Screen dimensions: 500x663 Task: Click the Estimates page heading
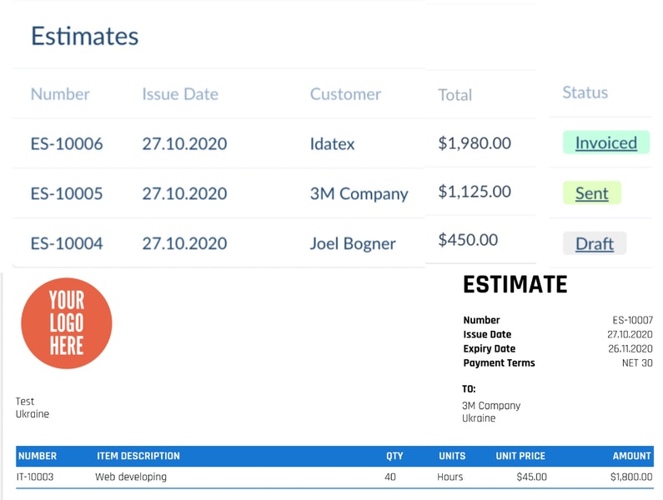[x=84, y=37]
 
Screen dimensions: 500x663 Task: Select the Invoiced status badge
[x=605, y=142]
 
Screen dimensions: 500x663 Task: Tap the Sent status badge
[x=591, y=193]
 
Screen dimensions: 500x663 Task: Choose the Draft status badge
[x=594, y=243]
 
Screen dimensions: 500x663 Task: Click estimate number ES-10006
[x=67, y=144]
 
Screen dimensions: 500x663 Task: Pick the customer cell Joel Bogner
[x=353, y=244]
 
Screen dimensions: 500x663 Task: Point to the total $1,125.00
[x=475, y=192]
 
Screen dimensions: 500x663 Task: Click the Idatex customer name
[x=332, y=144]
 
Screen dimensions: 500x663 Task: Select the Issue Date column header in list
[x=179, y=94]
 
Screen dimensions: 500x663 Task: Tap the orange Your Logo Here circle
[x=67, y=323]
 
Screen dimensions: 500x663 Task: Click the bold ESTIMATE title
[x=515, y=285]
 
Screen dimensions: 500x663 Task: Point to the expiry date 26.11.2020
[x=630, y=349]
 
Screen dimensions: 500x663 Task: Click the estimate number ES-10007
[x=632, y=320]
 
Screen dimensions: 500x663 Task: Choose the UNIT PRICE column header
[x=520, y=456]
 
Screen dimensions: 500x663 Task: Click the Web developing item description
[x=130, y=477]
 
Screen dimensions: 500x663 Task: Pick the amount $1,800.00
[x=630, y=477]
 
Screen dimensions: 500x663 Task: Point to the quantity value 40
[x=390, y=477]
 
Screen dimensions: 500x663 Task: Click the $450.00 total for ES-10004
[x=468, y=240]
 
